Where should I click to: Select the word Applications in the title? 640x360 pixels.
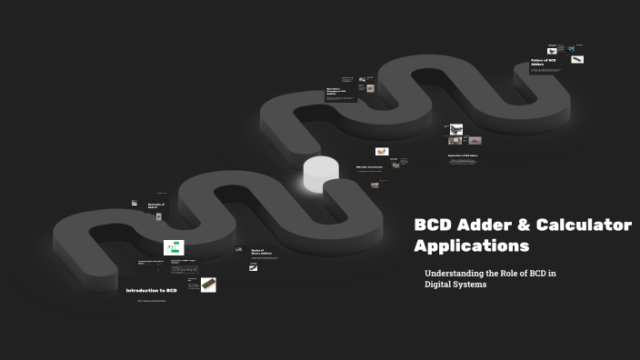pyautogui.click(x=471, y=245)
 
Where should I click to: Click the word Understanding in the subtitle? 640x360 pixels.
pyautogui.click(x=456, y=273)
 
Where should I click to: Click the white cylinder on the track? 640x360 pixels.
pyautogui.click(x=321, y=174)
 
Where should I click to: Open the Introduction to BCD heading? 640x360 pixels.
pyautogui.click(x=151, y=290)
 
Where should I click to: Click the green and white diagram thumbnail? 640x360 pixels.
pyautogui.click(x=174, y=247)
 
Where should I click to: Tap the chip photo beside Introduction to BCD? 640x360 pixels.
pyautogui.click(x=208, y=285)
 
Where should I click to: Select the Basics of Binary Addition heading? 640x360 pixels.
pyautogui.click(x=263, y=252)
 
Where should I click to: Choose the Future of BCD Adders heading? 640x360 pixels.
pyautogui.click(x=544, y=63)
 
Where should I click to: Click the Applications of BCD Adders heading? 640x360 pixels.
pyautogui.click(x=463, y=155)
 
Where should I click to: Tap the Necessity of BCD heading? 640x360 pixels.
pyautogui.click(x=156, y=206)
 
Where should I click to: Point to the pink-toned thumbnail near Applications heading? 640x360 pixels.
pyautogui.click(x=474, y=141)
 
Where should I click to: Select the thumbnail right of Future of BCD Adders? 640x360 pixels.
pyautogui.click(x=577, y=60)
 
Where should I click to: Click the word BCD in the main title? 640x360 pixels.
pyautogui.click(x=434, y=225)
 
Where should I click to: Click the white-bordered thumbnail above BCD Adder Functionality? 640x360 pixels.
pyautogui.click(x=382, y=151)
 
